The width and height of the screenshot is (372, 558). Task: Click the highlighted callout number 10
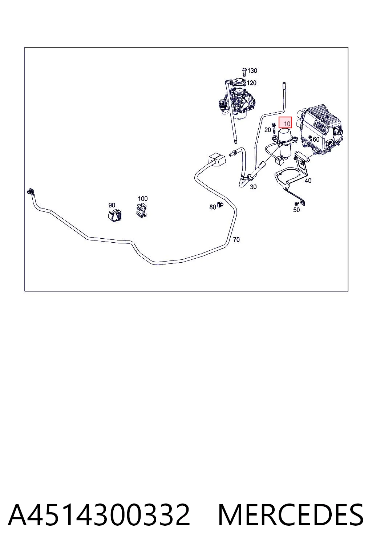click(287, 123)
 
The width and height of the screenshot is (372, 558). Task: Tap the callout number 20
click(268, 130)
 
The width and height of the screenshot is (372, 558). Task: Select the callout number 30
click(253, 187)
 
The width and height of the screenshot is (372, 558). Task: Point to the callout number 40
click(308, 181)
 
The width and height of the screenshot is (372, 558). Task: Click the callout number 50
click(296, 210)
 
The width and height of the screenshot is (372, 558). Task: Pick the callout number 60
click(316, 139)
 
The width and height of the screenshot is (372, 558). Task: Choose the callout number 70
click(236, 240)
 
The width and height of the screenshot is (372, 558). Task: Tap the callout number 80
click(213, 207)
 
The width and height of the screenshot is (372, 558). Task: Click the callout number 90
click(112, 205)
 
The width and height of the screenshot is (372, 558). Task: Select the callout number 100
click(143, 199)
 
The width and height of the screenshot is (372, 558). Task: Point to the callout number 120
click(251, 83)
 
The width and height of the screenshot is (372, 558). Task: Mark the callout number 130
click(252, 71)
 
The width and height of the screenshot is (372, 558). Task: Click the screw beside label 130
click(244, 72)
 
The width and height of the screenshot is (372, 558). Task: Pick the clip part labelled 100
click(142, 211)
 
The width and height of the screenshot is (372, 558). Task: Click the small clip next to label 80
click(220, 205)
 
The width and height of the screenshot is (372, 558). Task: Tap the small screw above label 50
click(296, 203)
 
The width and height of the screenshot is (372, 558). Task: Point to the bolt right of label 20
click(274, 129)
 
